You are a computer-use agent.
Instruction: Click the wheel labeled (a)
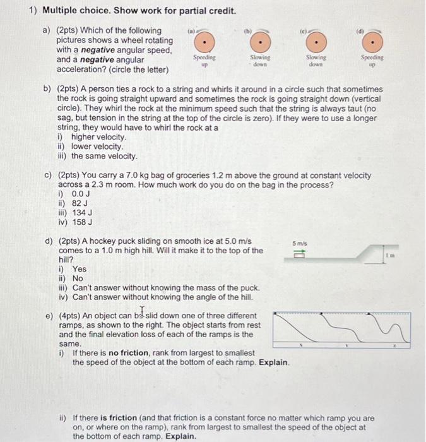point(204,42)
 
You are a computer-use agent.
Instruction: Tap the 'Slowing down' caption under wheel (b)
point(261,61)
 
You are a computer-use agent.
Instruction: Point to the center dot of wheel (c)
point(317,42)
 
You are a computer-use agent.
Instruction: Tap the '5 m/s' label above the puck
point(300,242)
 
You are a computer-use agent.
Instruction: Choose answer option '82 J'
point(81,203)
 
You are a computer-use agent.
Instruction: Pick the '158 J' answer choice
point(83,222)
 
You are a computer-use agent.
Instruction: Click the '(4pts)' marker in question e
point(69,316)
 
